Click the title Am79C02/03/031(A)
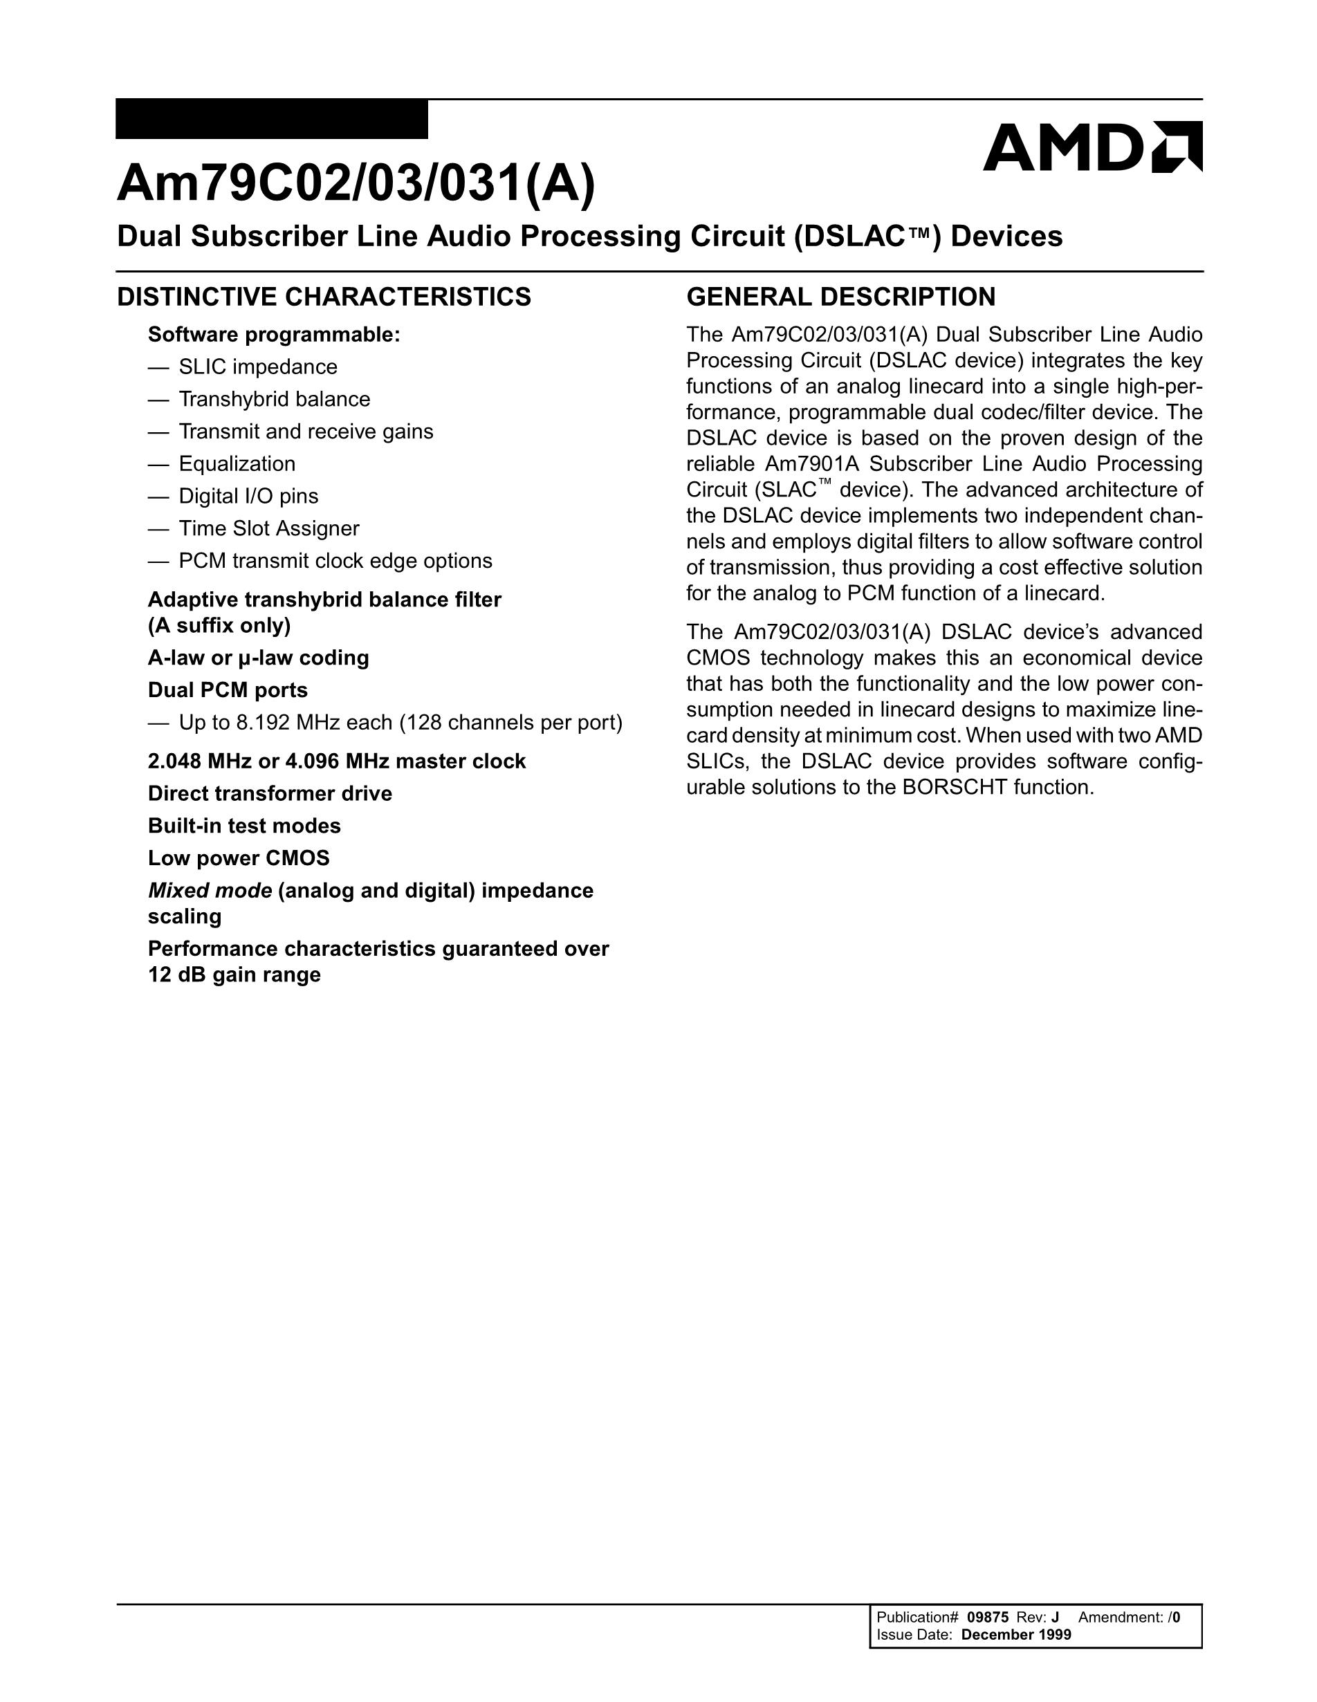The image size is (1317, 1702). pos(356,184)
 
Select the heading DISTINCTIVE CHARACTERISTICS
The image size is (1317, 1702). pos(324,297)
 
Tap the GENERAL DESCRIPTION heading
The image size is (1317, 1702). pos(840,297)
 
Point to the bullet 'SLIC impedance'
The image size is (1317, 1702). pos(258,367)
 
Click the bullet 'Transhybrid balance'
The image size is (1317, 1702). pos(275,399)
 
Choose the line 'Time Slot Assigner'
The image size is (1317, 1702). pos(269,528)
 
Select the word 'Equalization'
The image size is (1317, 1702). pos(237,463)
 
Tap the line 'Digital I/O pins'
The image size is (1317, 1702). pos(248,497)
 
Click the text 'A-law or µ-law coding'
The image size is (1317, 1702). pos(258,658)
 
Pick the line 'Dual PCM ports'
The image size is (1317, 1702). pos(228,690)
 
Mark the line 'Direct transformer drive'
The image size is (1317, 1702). pos(270,793)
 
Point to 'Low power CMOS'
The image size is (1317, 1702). pos(239,858)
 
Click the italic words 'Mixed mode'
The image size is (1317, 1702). pos(210,890)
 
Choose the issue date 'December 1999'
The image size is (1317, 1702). pos(1016,1634)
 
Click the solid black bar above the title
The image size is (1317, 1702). pos(271,119)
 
